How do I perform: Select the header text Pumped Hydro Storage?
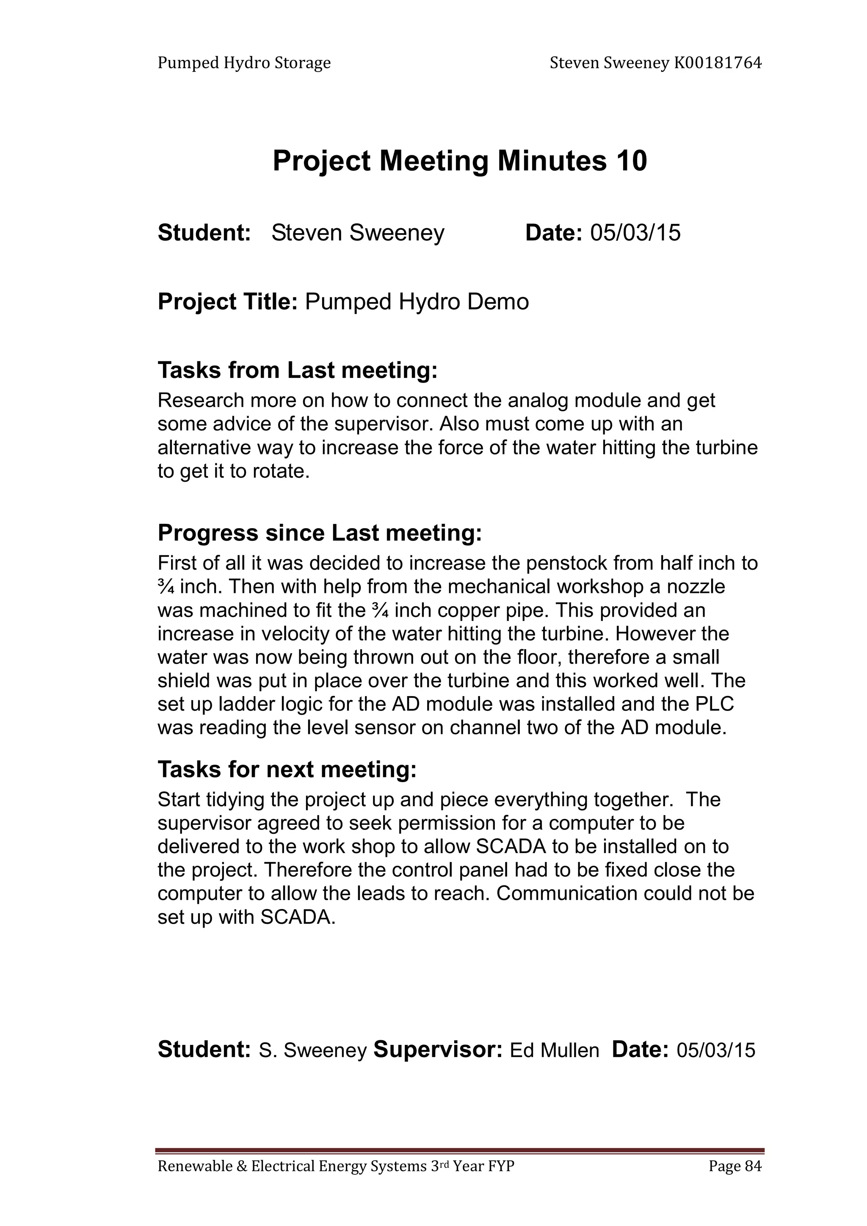(244, 63)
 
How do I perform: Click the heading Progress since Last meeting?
(320, 533)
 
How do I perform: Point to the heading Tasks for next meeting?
(287, 769)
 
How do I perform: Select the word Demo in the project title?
(498, 302)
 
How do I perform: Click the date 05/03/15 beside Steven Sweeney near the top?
(635, 233)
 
